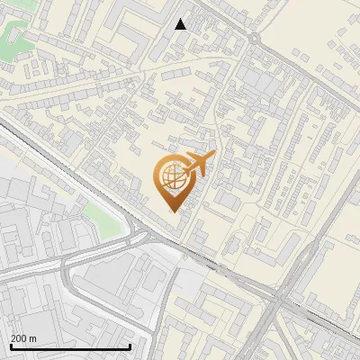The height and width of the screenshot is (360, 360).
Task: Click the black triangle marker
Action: tap(181, 24)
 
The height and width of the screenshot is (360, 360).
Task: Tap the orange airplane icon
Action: tap(199, 164)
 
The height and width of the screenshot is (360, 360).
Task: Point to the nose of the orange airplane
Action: tap(214, 157)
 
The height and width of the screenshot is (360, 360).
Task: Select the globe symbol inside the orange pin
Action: tap(171, 177)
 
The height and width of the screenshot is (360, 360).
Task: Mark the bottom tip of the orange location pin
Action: tap(171, 211)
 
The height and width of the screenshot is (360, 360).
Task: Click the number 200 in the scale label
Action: tap(18, 338)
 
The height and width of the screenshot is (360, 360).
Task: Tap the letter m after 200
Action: tap(33, 338)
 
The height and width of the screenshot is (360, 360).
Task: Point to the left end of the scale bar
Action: tap(10, 346)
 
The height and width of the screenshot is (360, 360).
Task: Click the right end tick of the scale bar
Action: tap(131, 346)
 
